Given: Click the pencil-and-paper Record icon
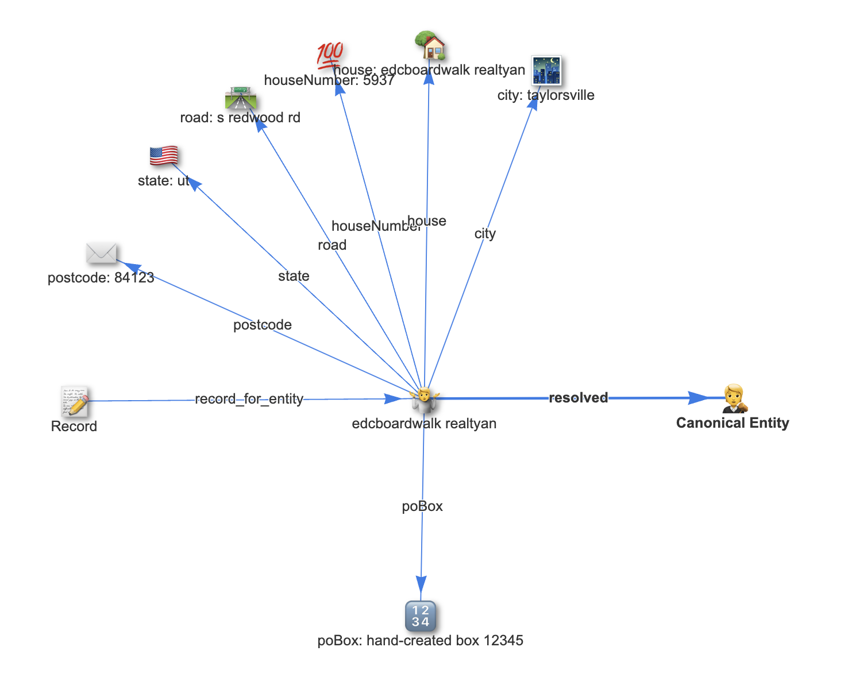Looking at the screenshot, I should [75, 401].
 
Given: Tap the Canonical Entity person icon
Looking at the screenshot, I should [734, 398].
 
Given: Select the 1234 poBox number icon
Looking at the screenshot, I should [421, 615].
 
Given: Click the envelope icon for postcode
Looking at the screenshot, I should [101, 253].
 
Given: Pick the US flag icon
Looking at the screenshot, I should [164, 156].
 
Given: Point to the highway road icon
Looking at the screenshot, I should [241, 98].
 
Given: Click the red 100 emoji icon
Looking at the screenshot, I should [330, 55].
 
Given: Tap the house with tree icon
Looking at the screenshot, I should [430, 46].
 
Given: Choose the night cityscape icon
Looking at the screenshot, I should [546, 70].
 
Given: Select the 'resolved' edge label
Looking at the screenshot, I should [578, 398].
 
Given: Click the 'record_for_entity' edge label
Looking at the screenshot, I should [249, 399].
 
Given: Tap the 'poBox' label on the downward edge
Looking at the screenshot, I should [422, 506].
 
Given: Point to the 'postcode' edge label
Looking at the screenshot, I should [263, 325].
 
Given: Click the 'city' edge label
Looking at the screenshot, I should [485, 234].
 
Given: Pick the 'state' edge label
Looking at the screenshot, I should [294, 276].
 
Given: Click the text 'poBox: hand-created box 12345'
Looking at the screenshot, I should [420, 641].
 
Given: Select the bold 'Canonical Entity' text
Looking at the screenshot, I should [733, 423].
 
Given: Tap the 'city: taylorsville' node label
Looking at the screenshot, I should [546, 95].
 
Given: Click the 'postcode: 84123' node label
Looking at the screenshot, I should [101, 278].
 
